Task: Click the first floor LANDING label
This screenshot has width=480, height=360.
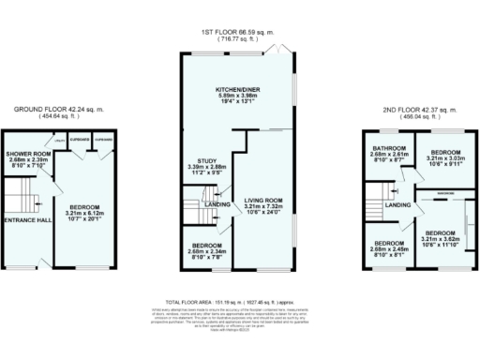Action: [219, 204]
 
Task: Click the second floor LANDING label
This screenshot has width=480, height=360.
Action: [398, 204]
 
